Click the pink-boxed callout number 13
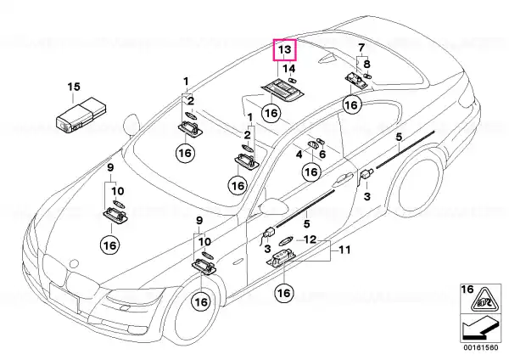click(284, 50)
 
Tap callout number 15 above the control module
click(74, 87)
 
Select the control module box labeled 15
click(81, 115)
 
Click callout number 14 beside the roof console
click(289, 69)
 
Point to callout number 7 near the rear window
click(361, 48)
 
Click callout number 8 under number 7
click(366, 64)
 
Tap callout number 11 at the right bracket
click(344, 250)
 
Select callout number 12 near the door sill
click(310, 239)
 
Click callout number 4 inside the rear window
click(299, 155)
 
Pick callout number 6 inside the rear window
click(322, 154)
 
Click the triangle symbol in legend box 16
click(484, 300)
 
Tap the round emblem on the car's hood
click(75, 263)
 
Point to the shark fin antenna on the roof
click(327, 58)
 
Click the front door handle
click(342, 180)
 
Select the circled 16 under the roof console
click(271, 113)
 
